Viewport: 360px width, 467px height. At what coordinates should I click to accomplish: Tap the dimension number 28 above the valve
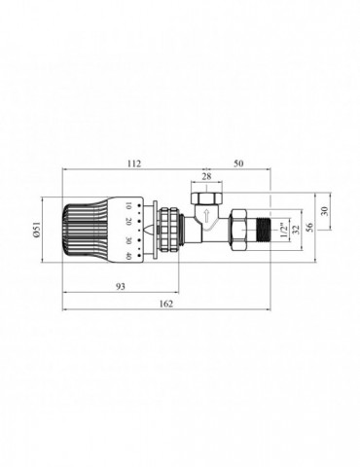click(x=205, y=176)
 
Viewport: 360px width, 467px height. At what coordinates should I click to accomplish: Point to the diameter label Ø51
click(x=38, y=231)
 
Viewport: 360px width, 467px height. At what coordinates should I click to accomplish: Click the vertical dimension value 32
click(x=296, y=231)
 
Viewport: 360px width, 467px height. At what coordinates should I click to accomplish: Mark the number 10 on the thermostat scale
click(x=129, y=206)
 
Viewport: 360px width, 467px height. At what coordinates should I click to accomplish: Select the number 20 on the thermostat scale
click(x=129, y=223)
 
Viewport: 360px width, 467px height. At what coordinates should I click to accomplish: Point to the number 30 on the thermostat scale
click(x=129, y=239)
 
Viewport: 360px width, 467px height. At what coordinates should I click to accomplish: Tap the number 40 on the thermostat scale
click(x=129, y=256)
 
